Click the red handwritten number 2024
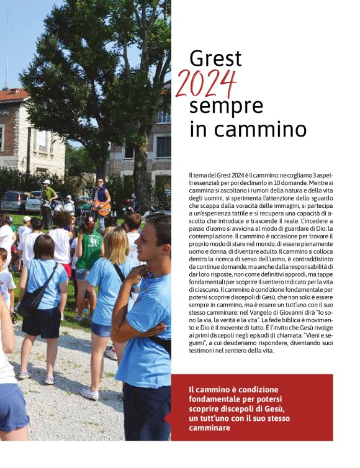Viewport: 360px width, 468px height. coord(206,84)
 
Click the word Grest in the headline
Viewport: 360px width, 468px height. coord(215,59)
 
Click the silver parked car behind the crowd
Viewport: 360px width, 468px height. coord(14,201)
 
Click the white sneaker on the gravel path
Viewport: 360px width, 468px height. coord(90,394)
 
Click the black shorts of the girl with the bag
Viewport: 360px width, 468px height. coord(42,323)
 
